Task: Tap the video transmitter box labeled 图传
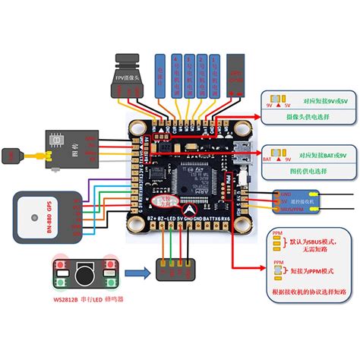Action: tap(65, 144)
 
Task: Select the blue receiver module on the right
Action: tap(304, 201)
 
